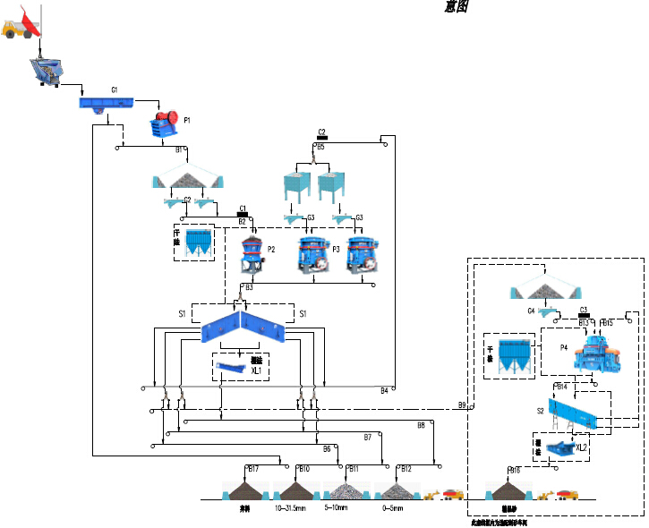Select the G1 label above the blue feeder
[115, 90]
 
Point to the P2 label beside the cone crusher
[270, 249]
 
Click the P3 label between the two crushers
[336, 248]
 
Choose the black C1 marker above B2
[242, 209]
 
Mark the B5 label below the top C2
[321, 147]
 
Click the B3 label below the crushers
[249, 287]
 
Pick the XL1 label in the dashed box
[256, 370]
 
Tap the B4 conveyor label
[385, 390]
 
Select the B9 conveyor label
[462, 405]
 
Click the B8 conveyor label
[421, 425]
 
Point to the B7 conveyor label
[368, 437]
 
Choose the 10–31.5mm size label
[292, 508]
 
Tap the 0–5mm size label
[391, 508]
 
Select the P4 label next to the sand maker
[564, 346]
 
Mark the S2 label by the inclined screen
[540, 411]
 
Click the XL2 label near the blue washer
[582, 447]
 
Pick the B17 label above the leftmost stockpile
[253, 469]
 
